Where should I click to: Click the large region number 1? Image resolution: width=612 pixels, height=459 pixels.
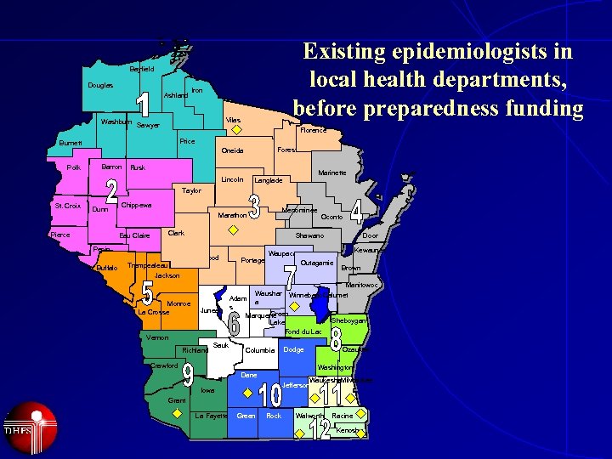pyautogui.click(x=144, y=105)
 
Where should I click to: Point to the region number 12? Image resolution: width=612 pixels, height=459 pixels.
pyautogui.click(x=320, y=430)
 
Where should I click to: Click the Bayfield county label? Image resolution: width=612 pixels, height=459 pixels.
pyautogui.click(x=142, y=69)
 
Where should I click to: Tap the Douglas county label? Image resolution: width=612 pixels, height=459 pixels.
pyautogui.click(x=99, y=86)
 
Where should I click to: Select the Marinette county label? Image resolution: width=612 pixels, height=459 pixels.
pyautogui.click(x=331, y=173)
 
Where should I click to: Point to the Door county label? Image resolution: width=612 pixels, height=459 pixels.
pyautogui.click(x=370, y=235)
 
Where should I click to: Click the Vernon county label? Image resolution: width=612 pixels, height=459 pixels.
pyautogui.click(x=157, y=337)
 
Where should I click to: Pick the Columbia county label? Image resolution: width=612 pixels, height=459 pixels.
pyautogui.click(x=259, y=350)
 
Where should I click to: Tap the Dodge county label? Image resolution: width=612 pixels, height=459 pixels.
pyautogui.click(x=293, y=349)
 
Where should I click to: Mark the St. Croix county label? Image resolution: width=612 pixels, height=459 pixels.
pyautogui.click(x=67, y=206)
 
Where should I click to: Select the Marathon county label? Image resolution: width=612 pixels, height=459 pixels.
pyautogui.click(x=232, y=215)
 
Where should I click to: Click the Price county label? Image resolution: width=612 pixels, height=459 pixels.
pyautogui.click(x=188, y=141)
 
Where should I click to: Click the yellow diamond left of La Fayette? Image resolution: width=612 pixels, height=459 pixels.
pyautogui.click(x=177, y=412)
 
